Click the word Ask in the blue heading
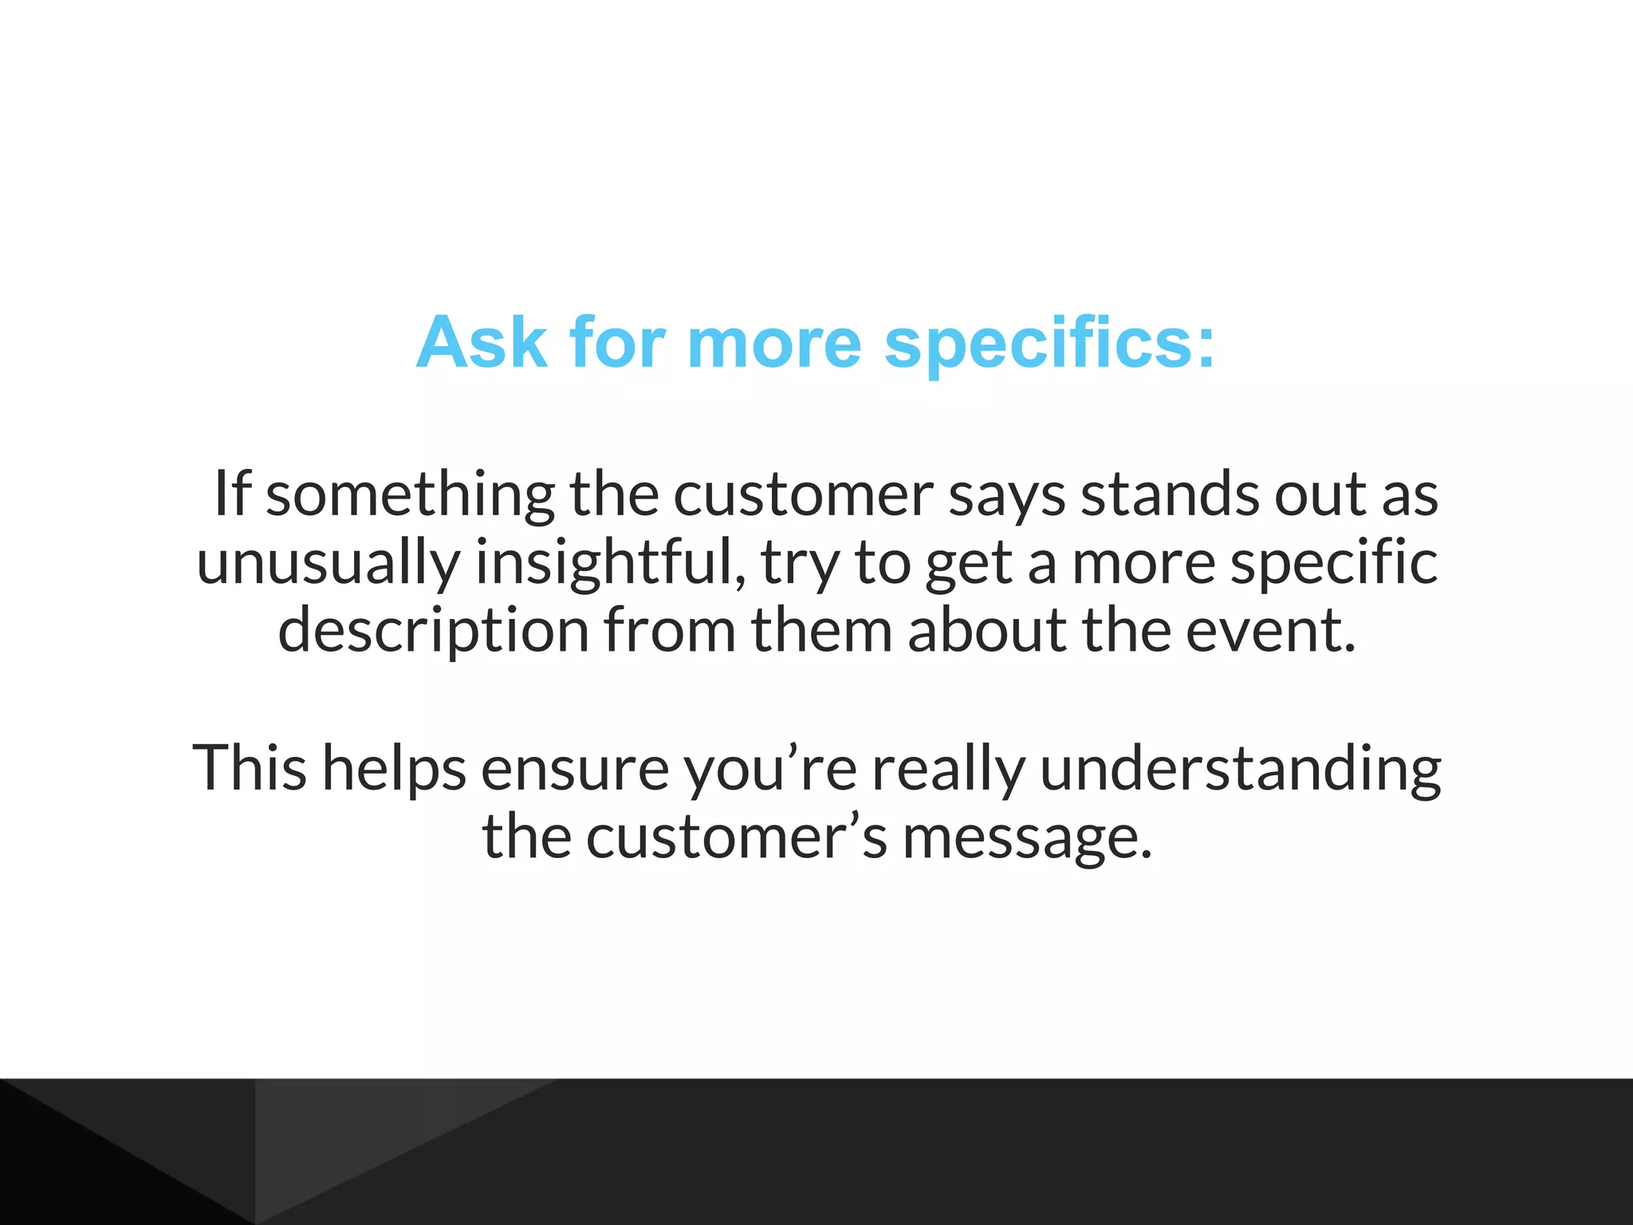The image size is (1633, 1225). tap(481, 342)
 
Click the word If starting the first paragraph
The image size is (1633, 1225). tap(232, 494)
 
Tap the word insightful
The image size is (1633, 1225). tap(609, 563)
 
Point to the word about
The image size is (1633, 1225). tap(986, 630)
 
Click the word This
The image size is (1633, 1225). tap(250, 767)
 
